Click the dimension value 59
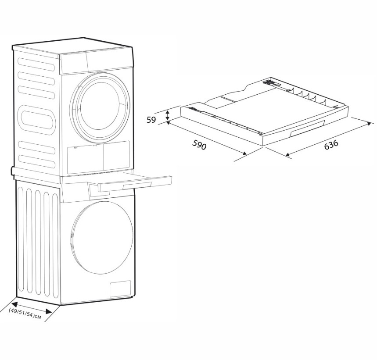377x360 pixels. [152, 119]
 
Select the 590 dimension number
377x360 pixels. [199, 145]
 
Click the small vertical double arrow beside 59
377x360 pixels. [167, 117]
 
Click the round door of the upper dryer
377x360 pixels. [101, 106]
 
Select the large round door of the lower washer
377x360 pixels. [102, 237]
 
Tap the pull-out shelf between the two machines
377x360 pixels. [132, 181]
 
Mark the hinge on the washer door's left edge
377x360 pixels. [72, 236]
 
